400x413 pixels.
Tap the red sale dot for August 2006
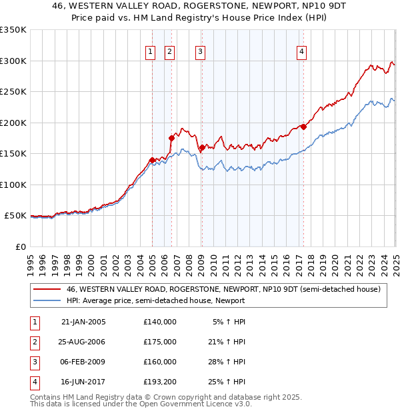(x=171, y=138)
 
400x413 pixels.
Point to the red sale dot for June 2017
(x=303, y=127)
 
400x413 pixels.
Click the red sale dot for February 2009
(x=201, y=147)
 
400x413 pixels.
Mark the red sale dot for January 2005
(x=152, y=160)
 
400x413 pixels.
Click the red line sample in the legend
(x=46, y=289)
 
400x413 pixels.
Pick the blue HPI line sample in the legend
(x=46, y=300)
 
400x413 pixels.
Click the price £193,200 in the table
(x=160, y=382)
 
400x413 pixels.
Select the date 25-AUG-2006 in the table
(x=83, y=342)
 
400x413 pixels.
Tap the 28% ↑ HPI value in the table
(x=229, y=362)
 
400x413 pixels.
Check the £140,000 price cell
(x=160, y=322)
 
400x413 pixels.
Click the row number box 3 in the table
(x=34, y=362)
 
